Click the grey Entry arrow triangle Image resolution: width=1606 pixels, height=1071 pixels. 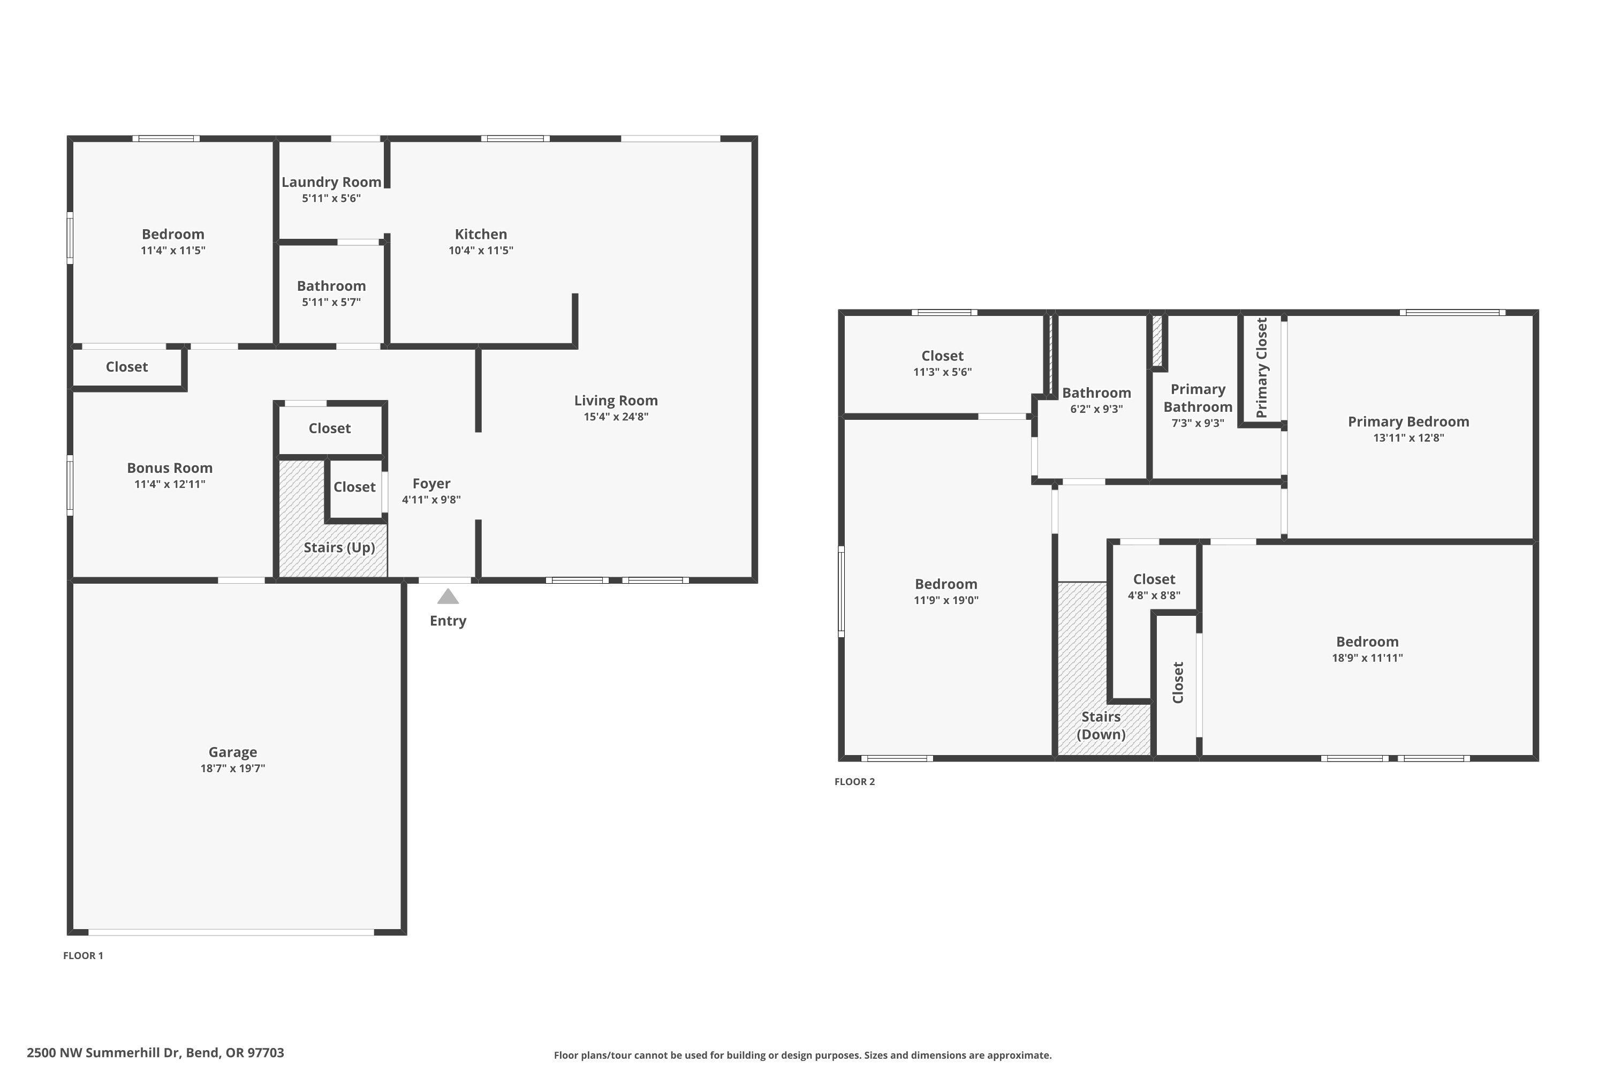click(x=448, y=597)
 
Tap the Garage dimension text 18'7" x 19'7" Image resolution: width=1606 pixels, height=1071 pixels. click(x=233, y=768)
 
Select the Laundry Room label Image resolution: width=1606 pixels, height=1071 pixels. click(x=331, y=182)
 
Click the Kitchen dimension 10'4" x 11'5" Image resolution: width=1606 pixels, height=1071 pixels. click(x=481, y=251)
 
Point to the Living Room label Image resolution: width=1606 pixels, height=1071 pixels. click(x=615, y=400)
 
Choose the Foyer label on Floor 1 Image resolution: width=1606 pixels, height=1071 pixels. click(x=431, y=483)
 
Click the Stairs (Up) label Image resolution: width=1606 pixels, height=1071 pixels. click(x=339, y=547)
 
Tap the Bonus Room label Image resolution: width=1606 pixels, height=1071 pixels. click(x=169, y=468)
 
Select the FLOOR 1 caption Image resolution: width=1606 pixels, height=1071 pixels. click(x=84, y=955)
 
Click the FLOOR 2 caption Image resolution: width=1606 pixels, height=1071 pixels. click(x=854, y=781)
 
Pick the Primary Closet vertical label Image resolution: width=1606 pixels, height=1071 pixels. click(x=1261, y=367)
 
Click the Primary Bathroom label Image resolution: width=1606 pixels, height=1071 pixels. click(x=1198, y=397)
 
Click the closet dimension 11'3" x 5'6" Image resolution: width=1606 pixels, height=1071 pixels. click(x=942, y=372)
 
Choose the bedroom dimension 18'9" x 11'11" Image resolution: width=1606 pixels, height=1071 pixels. click(x=1367, y=658)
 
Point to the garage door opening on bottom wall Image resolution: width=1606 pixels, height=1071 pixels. click(x=231, y=932)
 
